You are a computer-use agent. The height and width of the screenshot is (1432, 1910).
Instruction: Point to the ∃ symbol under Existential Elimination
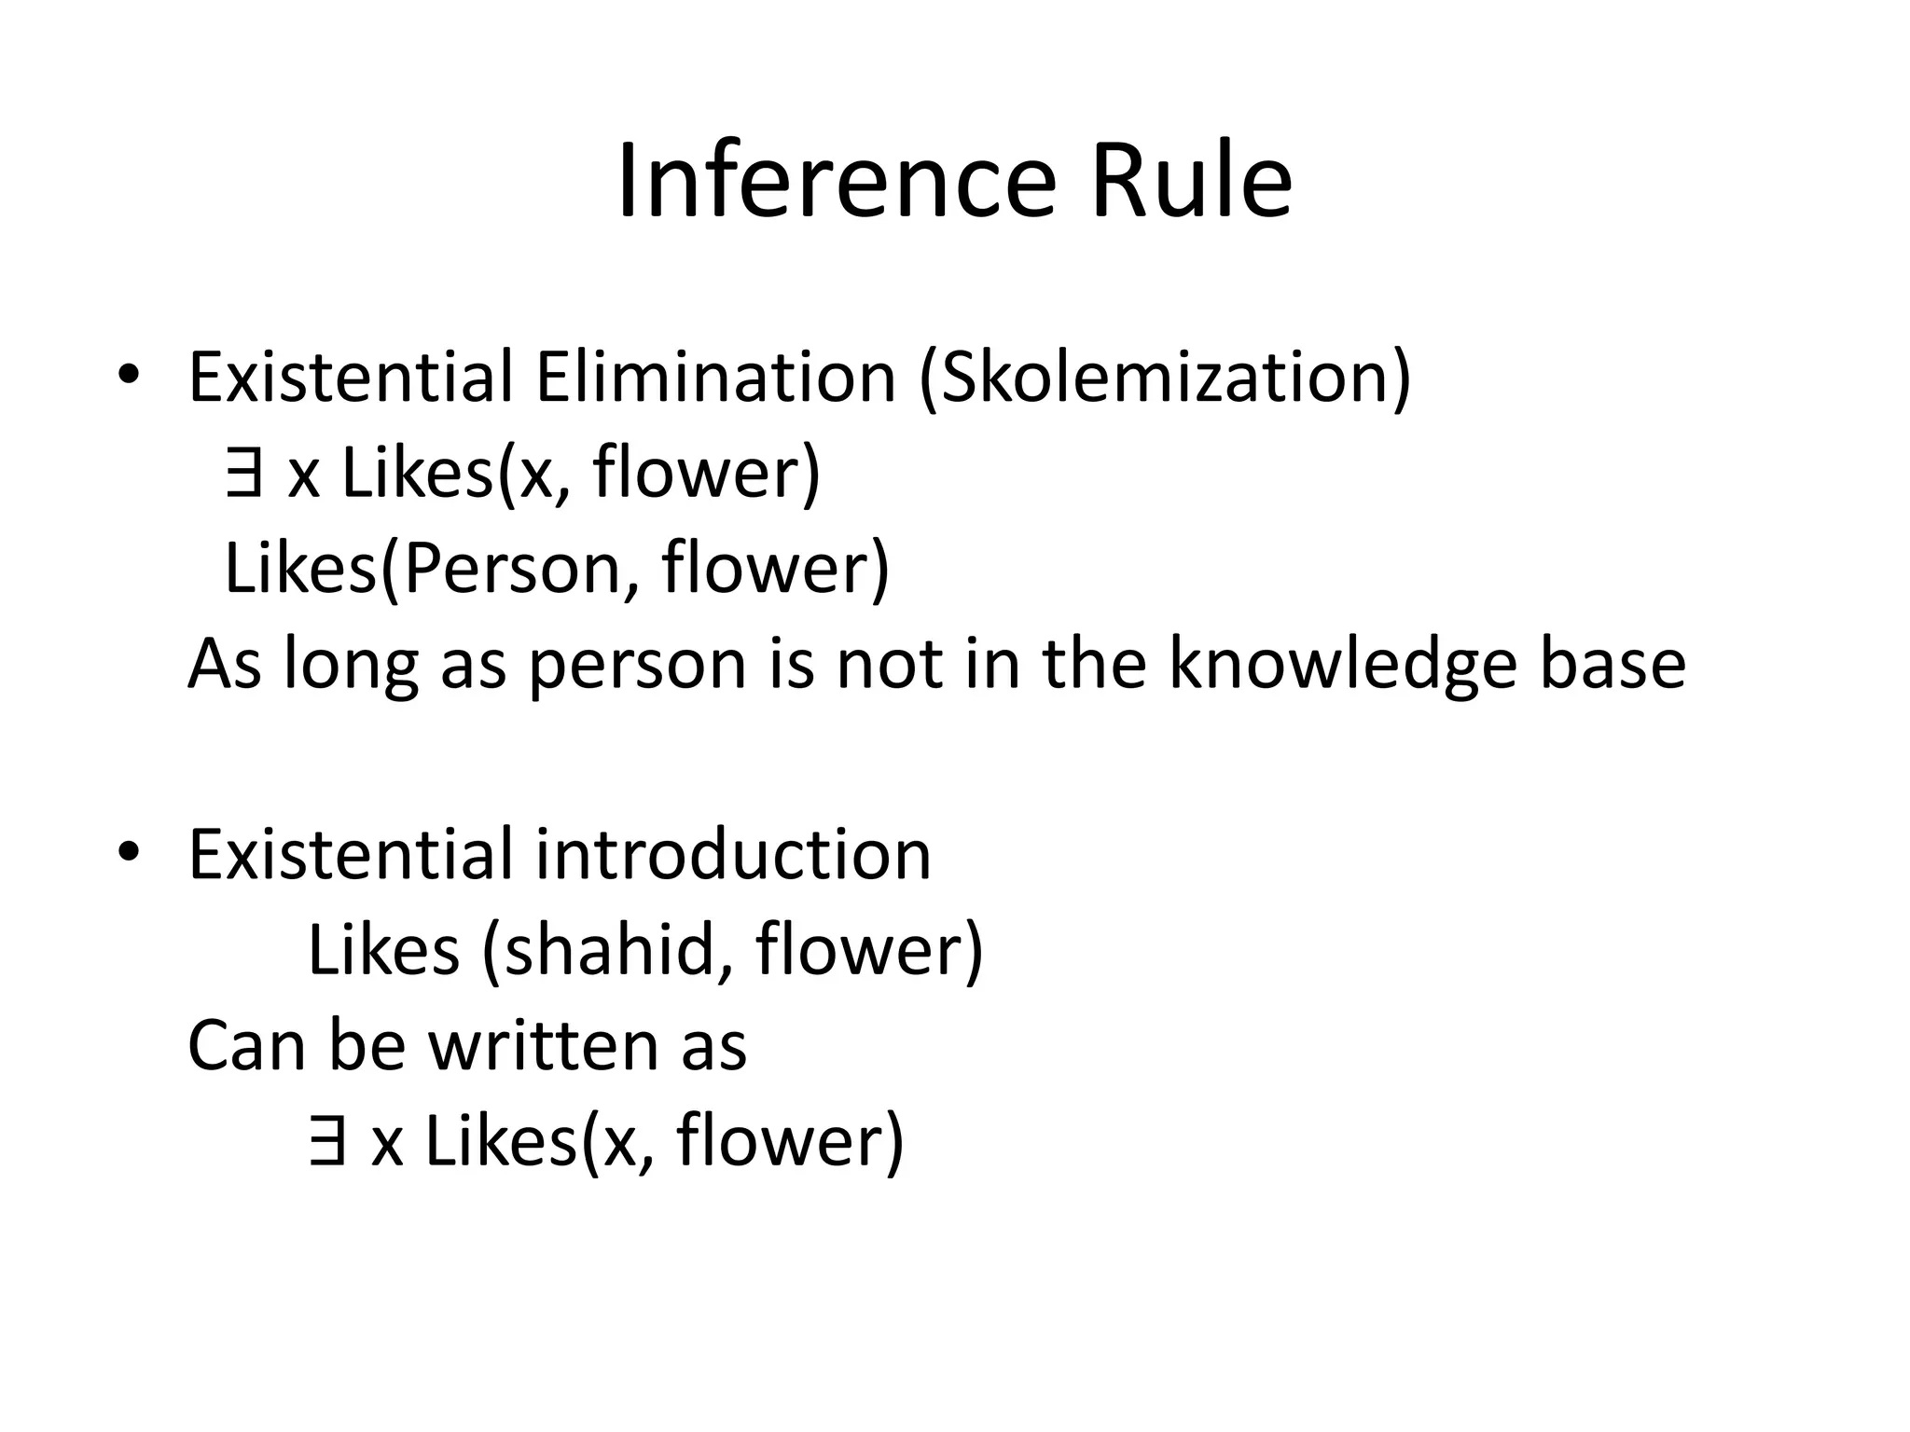click(242, 473)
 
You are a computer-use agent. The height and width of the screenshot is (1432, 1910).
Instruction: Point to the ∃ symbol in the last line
click(325, 1142)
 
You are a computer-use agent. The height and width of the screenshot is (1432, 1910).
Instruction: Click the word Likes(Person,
click(433, 569)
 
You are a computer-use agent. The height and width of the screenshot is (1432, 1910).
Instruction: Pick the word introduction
click(733, 854)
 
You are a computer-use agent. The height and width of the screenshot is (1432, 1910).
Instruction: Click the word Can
click(245, 1046)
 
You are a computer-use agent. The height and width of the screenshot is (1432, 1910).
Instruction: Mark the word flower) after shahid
click(869, 951)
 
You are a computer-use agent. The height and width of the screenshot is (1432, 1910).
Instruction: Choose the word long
click(351, 666)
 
